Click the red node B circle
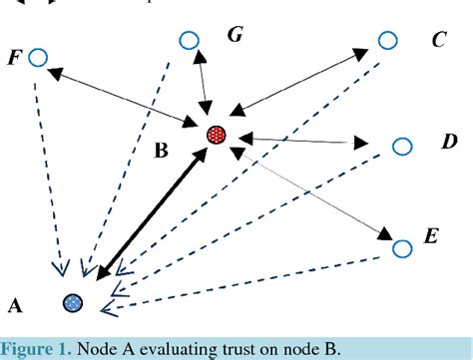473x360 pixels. pos(217,135)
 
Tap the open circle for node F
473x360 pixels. pos(38,57)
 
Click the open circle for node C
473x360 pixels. pos(387,40)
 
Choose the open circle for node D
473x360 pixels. pos(401,147)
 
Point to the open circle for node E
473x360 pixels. pos(401,247)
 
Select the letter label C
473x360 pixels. pos(438,40)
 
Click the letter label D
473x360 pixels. pos(449,143)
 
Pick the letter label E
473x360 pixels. pos(431,236)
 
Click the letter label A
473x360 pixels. pos(14,303)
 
